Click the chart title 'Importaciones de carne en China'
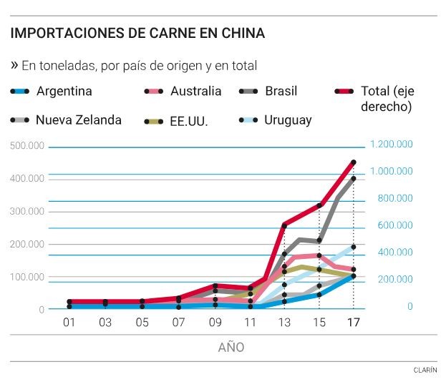[x=137, y=33]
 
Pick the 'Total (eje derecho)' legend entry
[x=387, y=99]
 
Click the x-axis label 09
[x=215, y=323]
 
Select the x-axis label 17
[x=353, y=323]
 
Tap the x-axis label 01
[x=69, y=323]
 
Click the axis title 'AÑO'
[x=231, y=348]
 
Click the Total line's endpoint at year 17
[x=354, y=162]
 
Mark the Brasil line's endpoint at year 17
[x=354, y=179]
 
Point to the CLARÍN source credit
[x=424, y=371]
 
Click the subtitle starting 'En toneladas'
[x=139, y=66]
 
